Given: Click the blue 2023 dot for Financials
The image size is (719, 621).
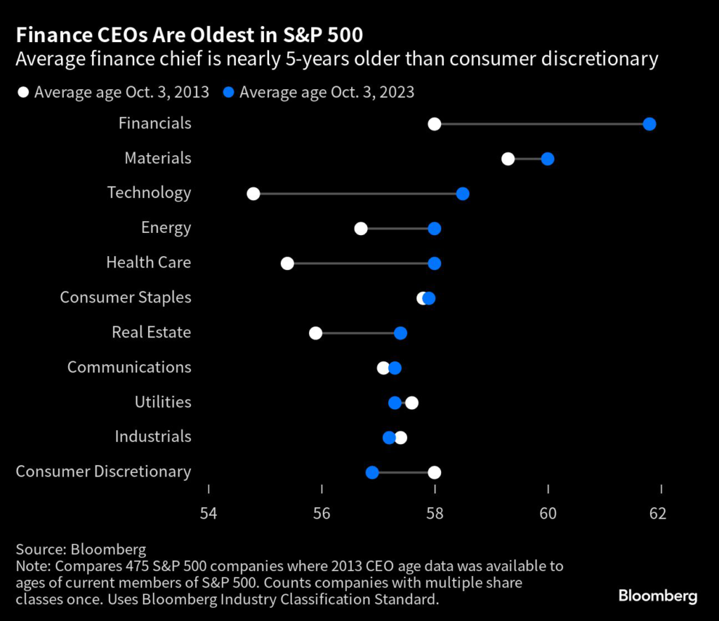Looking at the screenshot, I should (649, 124).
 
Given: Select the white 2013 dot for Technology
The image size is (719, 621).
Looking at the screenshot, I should (253, 194).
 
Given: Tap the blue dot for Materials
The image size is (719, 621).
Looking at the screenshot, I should (548, 159).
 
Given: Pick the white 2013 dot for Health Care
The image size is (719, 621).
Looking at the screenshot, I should (287, 263).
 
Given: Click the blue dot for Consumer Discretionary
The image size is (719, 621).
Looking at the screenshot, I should (372, 472).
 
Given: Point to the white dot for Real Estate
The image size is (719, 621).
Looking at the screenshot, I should (316, 333).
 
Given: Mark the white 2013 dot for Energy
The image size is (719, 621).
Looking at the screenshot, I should (361, 228).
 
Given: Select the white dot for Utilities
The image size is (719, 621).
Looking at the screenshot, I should (412, 402).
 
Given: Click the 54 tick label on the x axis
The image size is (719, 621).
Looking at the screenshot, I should (209, 514).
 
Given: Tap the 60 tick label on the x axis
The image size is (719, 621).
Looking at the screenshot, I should (548, 514).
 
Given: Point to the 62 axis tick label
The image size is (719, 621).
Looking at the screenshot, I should (657, 514).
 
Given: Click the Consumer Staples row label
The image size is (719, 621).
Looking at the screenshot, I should (125, 298).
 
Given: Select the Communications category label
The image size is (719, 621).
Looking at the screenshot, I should (129, 367).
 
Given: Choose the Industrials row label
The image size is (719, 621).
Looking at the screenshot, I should (153, 436).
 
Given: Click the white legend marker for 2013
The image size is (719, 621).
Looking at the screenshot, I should (23, 92).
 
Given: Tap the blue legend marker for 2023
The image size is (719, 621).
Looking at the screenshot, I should (229, 92).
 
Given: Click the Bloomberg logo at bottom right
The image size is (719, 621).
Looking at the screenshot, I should (657, 596).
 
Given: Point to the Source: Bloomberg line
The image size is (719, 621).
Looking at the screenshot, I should (81, 549).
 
